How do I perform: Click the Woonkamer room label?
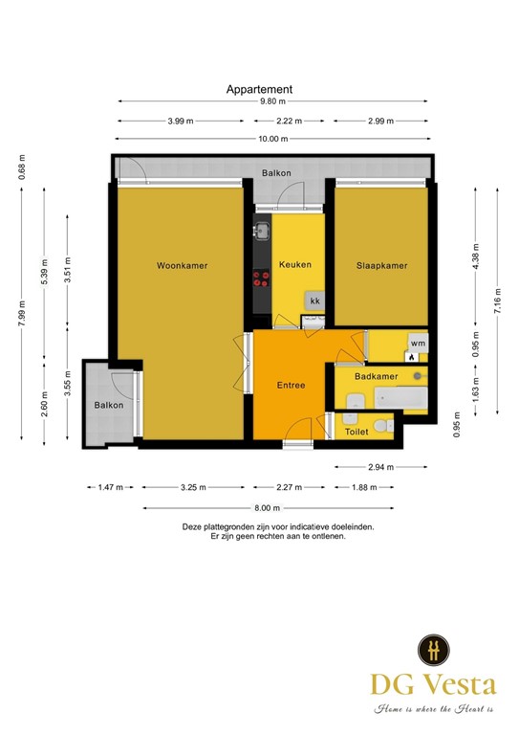182,265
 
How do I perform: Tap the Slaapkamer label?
381,265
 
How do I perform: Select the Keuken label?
295,264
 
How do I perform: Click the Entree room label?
291,385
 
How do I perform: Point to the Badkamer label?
376,377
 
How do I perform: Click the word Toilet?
356,432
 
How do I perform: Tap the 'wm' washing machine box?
417,343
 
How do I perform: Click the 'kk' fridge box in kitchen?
314,301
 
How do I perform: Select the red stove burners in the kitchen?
261,279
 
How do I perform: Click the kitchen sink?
261,231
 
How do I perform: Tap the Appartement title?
259,89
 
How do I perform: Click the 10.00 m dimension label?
272,139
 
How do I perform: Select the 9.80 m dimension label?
272,101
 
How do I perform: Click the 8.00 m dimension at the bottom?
269,508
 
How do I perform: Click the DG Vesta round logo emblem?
433,650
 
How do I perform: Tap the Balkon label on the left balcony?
108,406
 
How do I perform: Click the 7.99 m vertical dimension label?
22,313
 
